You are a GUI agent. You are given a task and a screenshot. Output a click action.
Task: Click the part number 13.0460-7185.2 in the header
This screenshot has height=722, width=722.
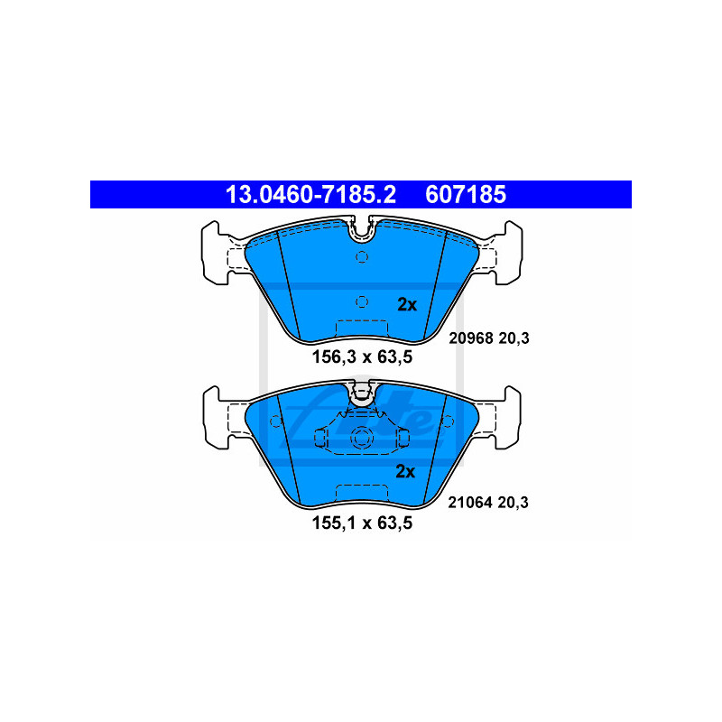coord(310,195)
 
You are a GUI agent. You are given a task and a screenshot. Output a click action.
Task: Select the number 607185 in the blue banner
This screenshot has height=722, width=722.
coord(466,195)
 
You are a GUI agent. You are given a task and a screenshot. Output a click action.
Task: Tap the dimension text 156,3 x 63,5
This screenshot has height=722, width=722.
coord(363,356)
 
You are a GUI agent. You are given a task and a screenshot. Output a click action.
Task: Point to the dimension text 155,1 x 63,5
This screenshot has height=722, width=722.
coord(363,523)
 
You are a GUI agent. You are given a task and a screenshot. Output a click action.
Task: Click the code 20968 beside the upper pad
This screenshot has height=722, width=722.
coord(471,338)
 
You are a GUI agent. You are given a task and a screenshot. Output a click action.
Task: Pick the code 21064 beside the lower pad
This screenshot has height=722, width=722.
coord(470,503)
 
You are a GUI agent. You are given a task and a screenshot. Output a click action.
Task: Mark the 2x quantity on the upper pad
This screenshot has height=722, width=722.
coord(407,305)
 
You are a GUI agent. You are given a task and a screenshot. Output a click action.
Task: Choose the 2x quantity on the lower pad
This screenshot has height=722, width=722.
coord(405,471)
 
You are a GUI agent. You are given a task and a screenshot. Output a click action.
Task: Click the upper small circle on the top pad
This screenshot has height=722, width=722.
coord(362,256)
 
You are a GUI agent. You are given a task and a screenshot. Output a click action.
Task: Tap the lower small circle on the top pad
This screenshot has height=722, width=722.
coord(362,301)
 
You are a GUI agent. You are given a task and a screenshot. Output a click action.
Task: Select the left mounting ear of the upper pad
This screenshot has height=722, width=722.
coord(216,253)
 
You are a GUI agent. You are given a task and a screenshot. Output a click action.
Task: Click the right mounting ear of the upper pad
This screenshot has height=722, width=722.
coord(508,253)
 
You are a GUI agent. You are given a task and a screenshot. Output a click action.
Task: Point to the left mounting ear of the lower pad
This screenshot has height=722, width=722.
coord(217,418)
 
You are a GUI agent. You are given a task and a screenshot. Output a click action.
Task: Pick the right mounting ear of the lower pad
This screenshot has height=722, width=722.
coord(507,418)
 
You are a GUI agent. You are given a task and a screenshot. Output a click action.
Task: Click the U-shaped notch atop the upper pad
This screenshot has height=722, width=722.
coord(362,229)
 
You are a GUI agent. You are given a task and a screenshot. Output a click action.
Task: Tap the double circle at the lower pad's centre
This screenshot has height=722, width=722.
coord(362,437)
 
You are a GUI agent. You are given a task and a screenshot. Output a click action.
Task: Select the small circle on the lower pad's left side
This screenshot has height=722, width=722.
coord(275,421)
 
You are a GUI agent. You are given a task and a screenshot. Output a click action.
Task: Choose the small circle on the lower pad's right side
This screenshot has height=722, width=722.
coord(448,421)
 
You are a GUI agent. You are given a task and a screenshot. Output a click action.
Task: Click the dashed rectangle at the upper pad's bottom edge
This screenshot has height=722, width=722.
coord(362,329)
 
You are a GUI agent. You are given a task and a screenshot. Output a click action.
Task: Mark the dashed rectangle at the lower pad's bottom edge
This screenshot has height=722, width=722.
coord(362,493)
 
